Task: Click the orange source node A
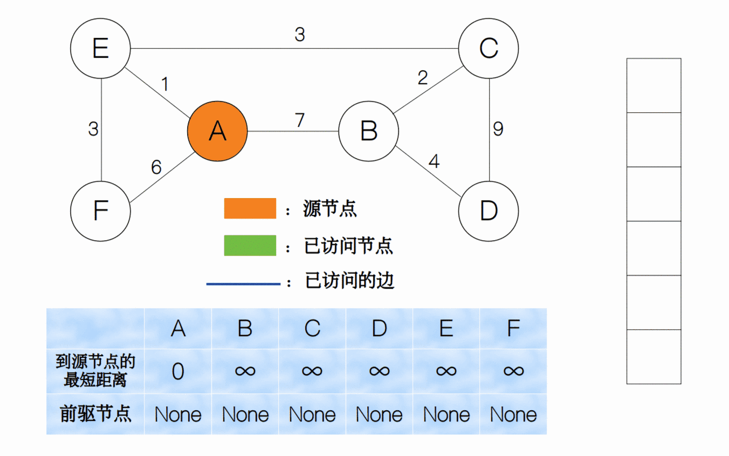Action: click(x=217, y=131)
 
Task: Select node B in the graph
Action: click(x=369, y=131)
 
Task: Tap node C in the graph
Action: click(x=489, y=49)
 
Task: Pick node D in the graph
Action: click(x=489, y=211)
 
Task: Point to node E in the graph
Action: click(x=100, y=49)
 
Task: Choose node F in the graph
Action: click(x=100, y=211)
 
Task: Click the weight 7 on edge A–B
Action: click(x=300, y=120)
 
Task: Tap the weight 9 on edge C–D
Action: click(x=498, y=129)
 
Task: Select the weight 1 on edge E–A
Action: click(x=165, y=84)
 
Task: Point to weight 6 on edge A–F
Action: click(x=156, y=168)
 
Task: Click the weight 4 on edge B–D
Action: click(x=434, y=161)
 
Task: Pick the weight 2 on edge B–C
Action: click(x=423, y=78)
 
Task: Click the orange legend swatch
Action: click(x=250, y=208)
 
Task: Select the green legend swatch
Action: click(x=250, y=245)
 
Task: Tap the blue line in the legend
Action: click(x=243, y=283)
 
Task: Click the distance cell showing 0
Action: click(x=178, y=371)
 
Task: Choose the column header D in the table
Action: click(x=379, y=328)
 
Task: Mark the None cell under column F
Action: click(x=513, y=414)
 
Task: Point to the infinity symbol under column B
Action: click(x=245, y=371)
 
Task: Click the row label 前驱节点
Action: click(x=95, y=414)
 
